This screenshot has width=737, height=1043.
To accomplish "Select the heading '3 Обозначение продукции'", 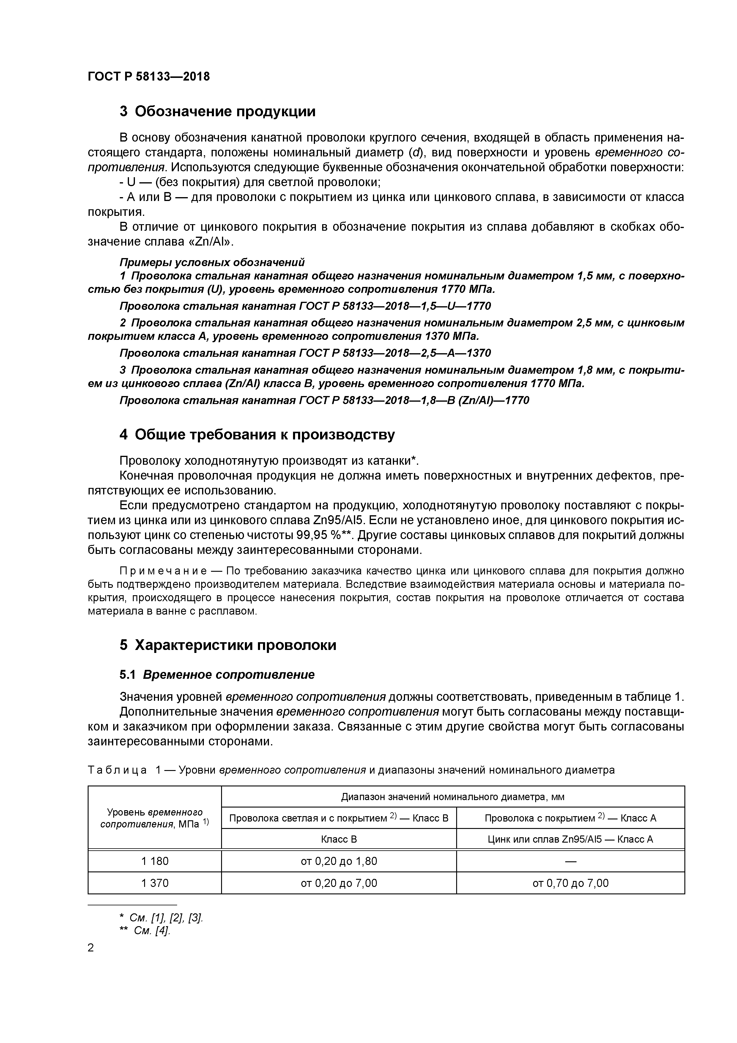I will pos(218,111).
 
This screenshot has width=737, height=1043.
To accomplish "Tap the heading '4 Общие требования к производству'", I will pos(257,435).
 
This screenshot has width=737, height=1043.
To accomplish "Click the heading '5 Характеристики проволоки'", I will pos(228,645).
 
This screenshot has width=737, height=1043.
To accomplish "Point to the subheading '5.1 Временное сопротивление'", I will pos(217,675).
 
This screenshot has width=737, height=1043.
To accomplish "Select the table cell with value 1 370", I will pos(155,883).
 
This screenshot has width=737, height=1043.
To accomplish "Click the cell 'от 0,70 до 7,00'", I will pos(570,883).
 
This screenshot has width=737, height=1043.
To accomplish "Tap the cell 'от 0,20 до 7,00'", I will pos(339,883).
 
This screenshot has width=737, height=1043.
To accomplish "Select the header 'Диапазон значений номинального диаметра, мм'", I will pos(453,797).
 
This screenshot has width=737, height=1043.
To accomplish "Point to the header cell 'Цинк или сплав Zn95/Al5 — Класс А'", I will pos(570,839).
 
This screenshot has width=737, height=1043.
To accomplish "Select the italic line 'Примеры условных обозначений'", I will pos(212,262).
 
